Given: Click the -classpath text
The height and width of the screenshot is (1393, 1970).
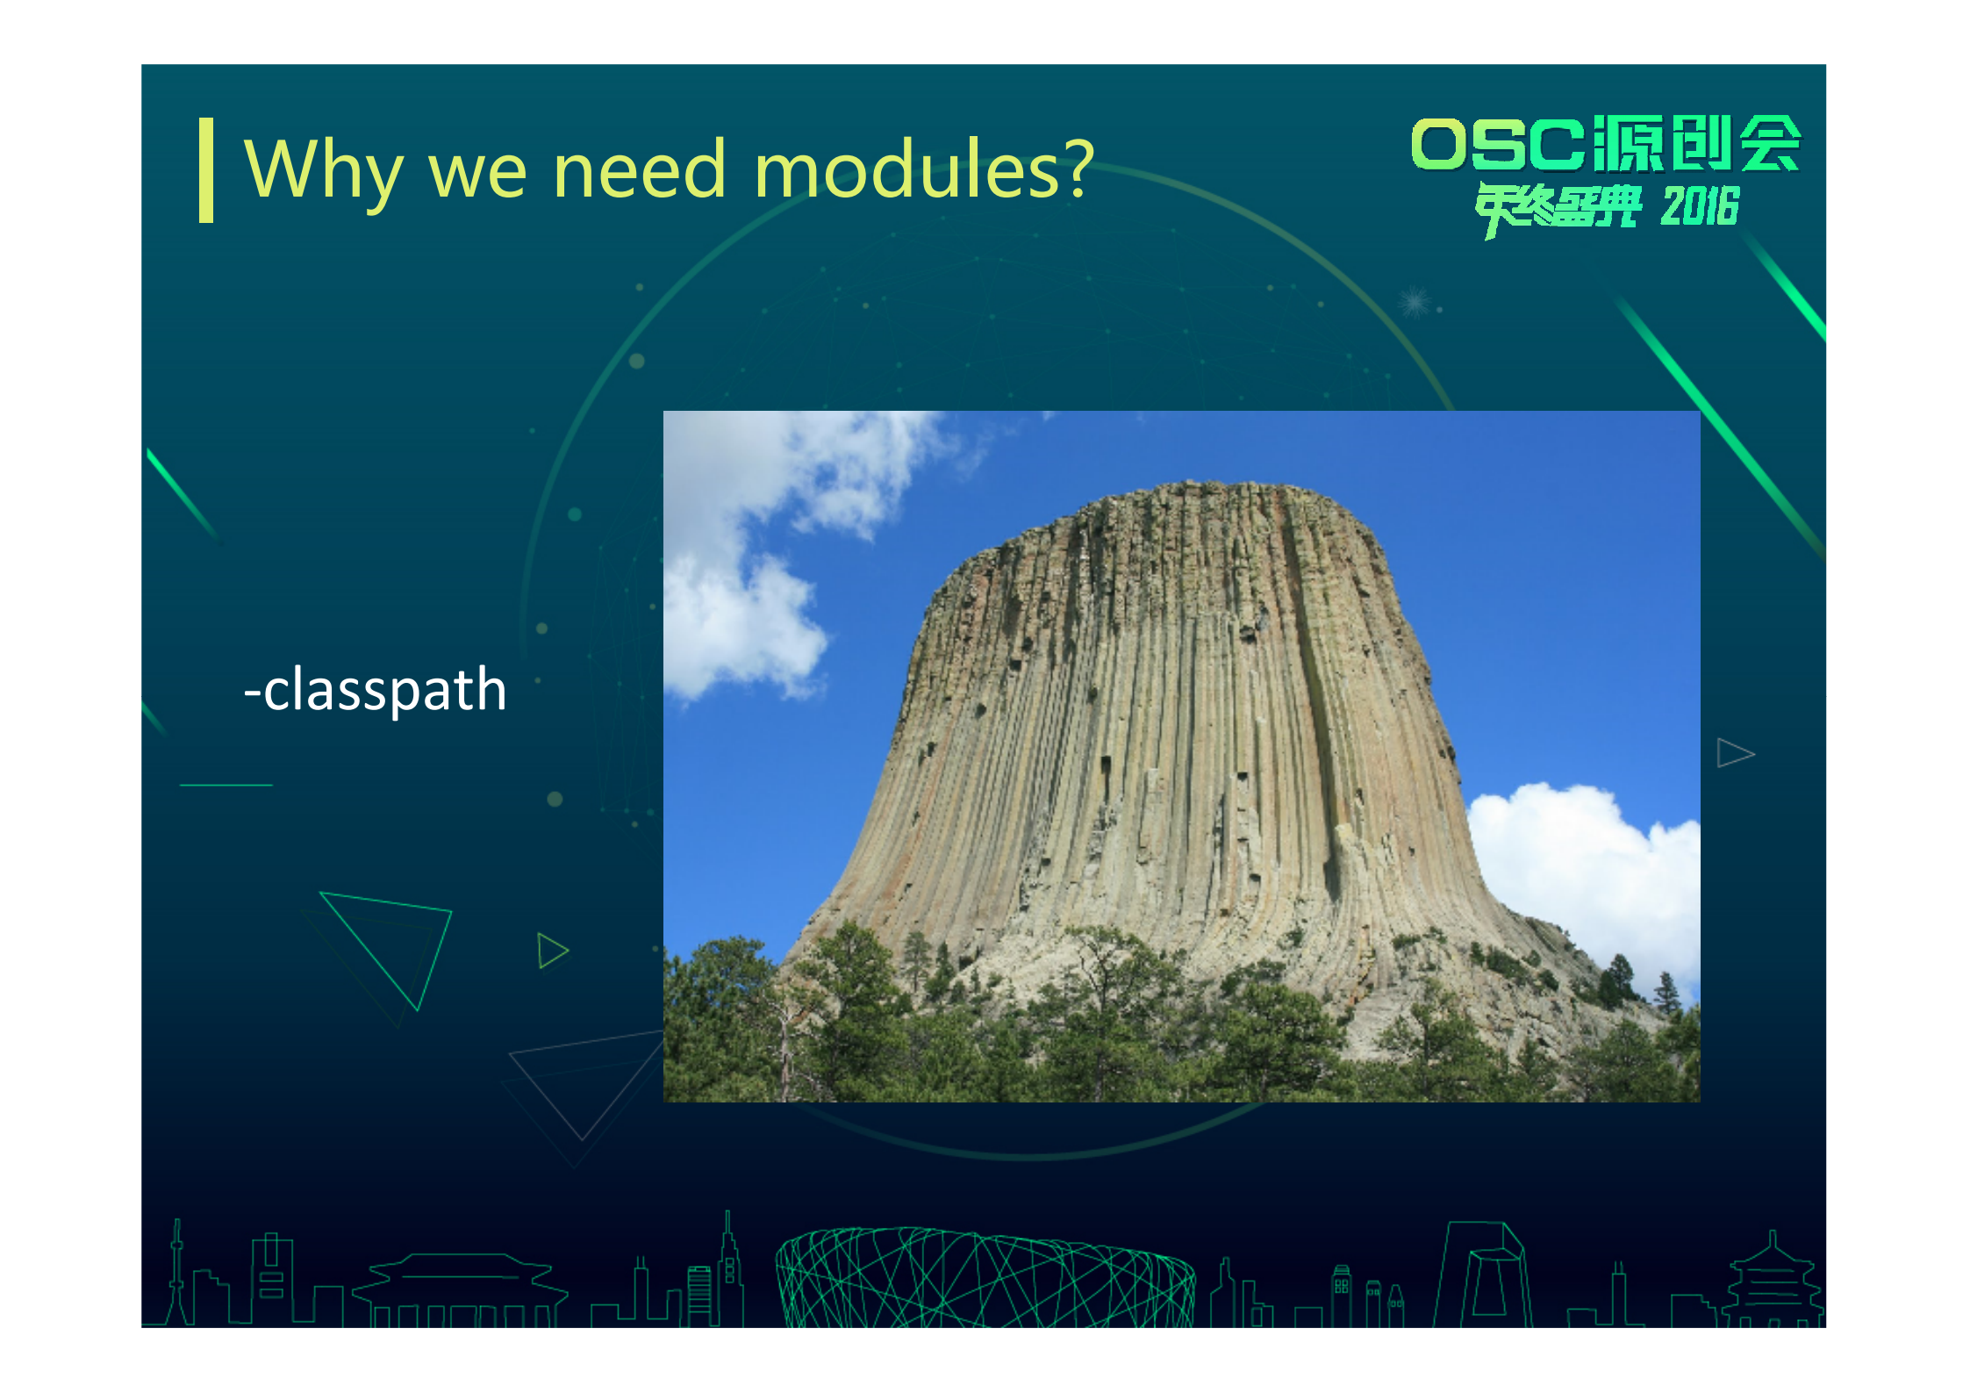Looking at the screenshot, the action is coord(376,689).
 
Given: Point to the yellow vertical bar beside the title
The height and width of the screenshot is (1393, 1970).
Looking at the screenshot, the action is coord(206,170).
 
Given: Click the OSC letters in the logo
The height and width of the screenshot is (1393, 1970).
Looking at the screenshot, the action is coord(1498,144).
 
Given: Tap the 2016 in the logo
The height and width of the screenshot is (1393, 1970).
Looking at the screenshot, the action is coord(1700,207).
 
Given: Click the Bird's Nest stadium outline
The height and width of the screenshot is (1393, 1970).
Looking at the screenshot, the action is coord(985,1277).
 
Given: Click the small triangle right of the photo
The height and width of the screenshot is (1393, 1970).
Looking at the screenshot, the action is coord(1735,753).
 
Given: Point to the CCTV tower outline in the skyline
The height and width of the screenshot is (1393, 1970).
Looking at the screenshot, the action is coord(1484,1275).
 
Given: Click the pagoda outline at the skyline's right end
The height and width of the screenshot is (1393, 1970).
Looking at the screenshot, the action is coord(1773,1282).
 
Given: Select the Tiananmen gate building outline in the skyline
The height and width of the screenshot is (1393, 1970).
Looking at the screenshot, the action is coord(460,1290).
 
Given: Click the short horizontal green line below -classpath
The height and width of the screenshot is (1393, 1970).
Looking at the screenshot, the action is coord(226,785).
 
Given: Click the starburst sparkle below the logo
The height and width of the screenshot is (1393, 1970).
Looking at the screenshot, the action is coord(1415,302).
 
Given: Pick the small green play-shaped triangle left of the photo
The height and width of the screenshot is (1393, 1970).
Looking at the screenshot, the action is coord(552,951).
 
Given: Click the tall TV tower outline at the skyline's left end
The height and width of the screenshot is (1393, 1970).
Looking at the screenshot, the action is coord(177,1273).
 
